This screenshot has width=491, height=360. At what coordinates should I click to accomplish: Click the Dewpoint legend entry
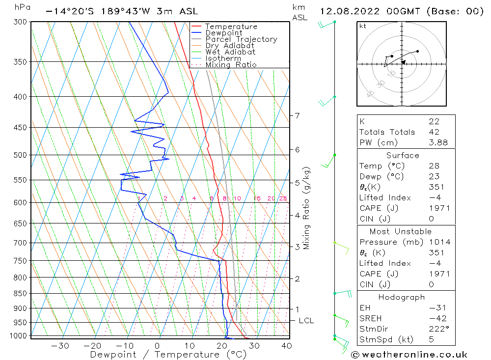223,33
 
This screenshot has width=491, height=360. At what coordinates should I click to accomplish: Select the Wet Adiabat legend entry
230,52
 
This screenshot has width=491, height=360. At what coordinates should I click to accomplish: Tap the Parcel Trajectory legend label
241,39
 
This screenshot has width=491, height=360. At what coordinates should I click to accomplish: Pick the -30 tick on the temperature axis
60,346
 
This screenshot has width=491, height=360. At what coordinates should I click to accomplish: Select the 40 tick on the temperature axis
287,346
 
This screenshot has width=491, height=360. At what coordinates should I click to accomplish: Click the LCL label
306,321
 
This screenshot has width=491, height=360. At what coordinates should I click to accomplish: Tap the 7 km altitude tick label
297,115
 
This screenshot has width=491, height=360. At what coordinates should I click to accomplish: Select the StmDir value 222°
438,329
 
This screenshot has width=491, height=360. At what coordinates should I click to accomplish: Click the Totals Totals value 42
434,132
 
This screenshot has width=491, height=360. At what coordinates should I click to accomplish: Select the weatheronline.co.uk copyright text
409,355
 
